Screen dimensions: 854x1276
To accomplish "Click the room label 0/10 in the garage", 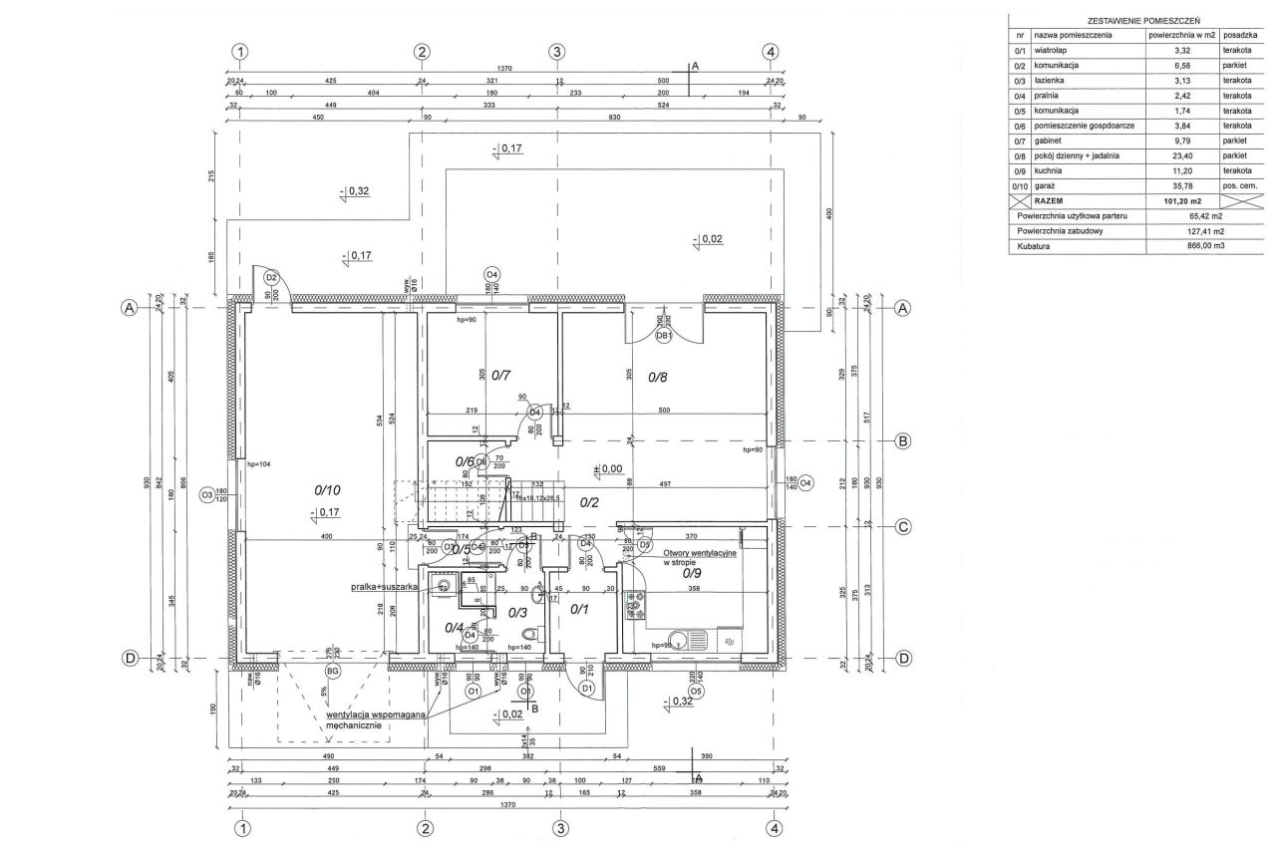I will (x=328, y=489).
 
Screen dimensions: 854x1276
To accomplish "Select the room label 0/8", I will (x=658, y=377).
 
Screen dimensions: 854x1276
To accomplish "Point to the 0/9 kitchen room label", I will (x=693, y=573).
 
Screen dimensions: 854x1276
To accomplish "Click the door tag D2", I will (x=271, y=277).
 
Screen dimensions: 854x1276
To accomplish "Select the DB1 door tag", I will (x=663, y=336).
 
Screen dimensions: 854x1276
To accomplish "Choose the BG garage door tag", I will (x=334, y=673).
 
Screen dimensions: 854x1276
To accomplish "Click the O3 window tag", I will (x=206, y=493).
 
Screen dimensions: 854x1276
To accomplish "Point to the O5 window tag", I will (x=696, y=690).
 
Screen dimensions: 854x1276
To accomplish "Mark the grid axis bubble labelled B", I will (x=903, y=440).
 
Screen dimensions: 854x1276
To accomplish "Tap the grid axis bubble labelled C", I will (x=903, y=527).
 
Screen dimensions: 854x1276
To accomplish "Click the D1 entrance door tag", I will (x=587, y=689).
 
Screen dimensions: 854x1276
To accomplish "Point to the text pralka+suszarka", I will (x=383, y=588).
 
